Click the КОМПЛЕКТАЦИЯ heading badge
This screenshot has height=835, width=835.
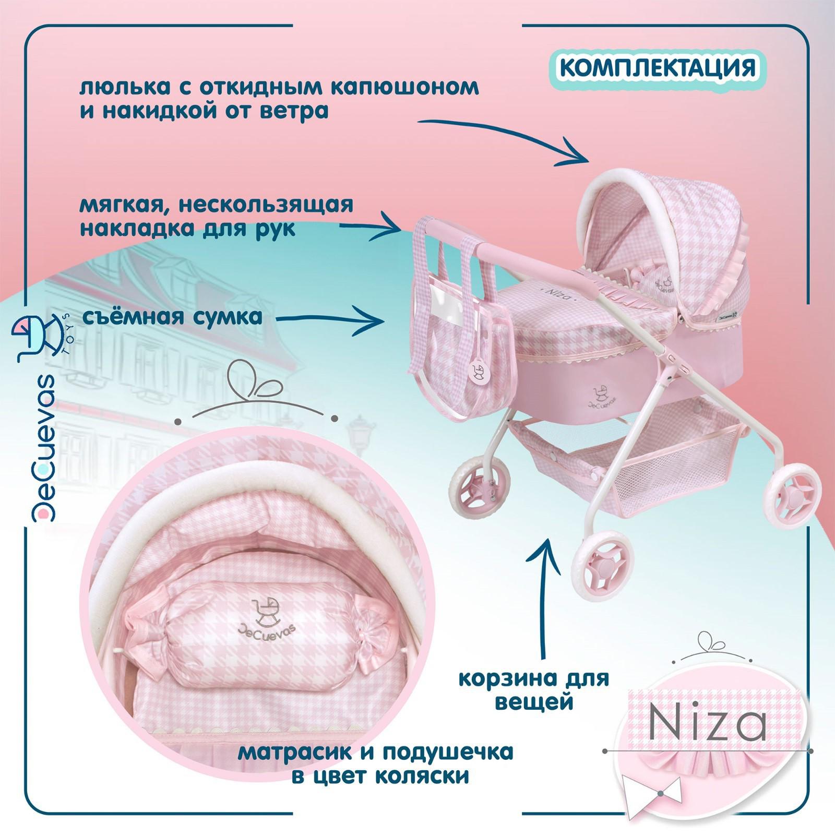(x=658, y=68)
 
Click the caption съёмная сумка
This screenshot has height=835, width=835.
(x=172, y=317)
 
